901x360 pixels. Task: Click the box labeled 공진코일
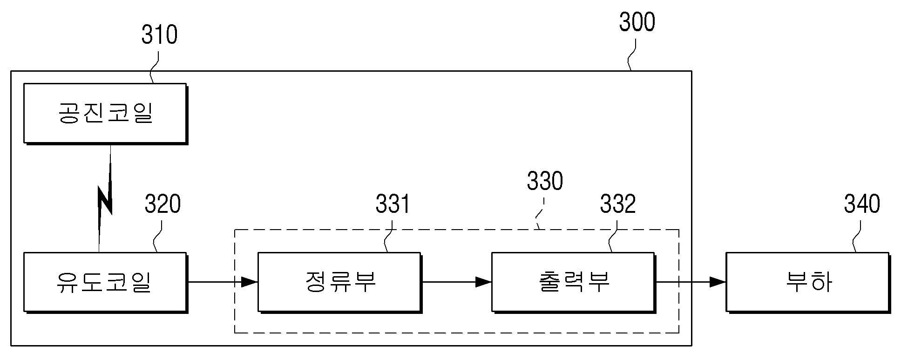point(106,114)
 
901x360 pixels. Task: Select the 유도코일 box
point(106,283)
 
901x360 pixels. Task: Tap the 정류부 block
point(340,283)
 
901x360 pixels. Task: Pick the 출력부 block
point(574,283)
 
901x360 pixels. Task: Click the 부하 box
point(808,283)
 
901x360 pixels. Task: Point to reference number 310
point(159,35)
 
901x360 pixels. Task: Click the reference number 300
point(637,22)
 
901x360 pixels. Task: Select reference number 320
point(163,204)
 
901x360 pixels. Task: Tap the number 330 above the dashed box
point(545,181)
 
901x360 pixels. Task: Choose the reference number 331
point(393,204)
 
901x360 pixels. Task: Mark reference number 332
point(617,204)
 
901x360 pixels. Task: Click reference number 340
point(862,204)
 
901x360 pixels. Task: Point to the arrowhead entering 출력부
point(484,282)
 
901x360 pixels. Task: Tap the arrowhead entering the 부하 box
point(718,282)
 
